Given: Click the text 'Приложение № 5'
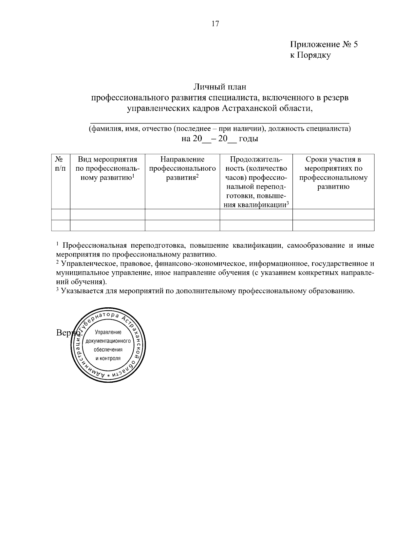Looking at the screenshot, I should tap(324, 45).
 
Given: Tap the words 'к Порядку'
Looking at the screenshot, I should tap(310, 55).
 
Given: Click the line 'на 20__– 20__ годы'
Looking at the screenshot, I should tap(219, 139).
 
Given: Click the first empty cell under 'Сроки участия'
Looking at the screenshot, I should tap(333, 215).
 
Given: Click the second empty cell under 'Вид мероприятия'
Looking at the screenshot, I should tap(107, 225).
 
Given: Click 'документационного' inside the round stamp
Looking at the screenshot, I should tap(108, 341).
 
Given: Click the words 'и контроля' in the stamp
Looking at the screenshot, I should tap(108, 358).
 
